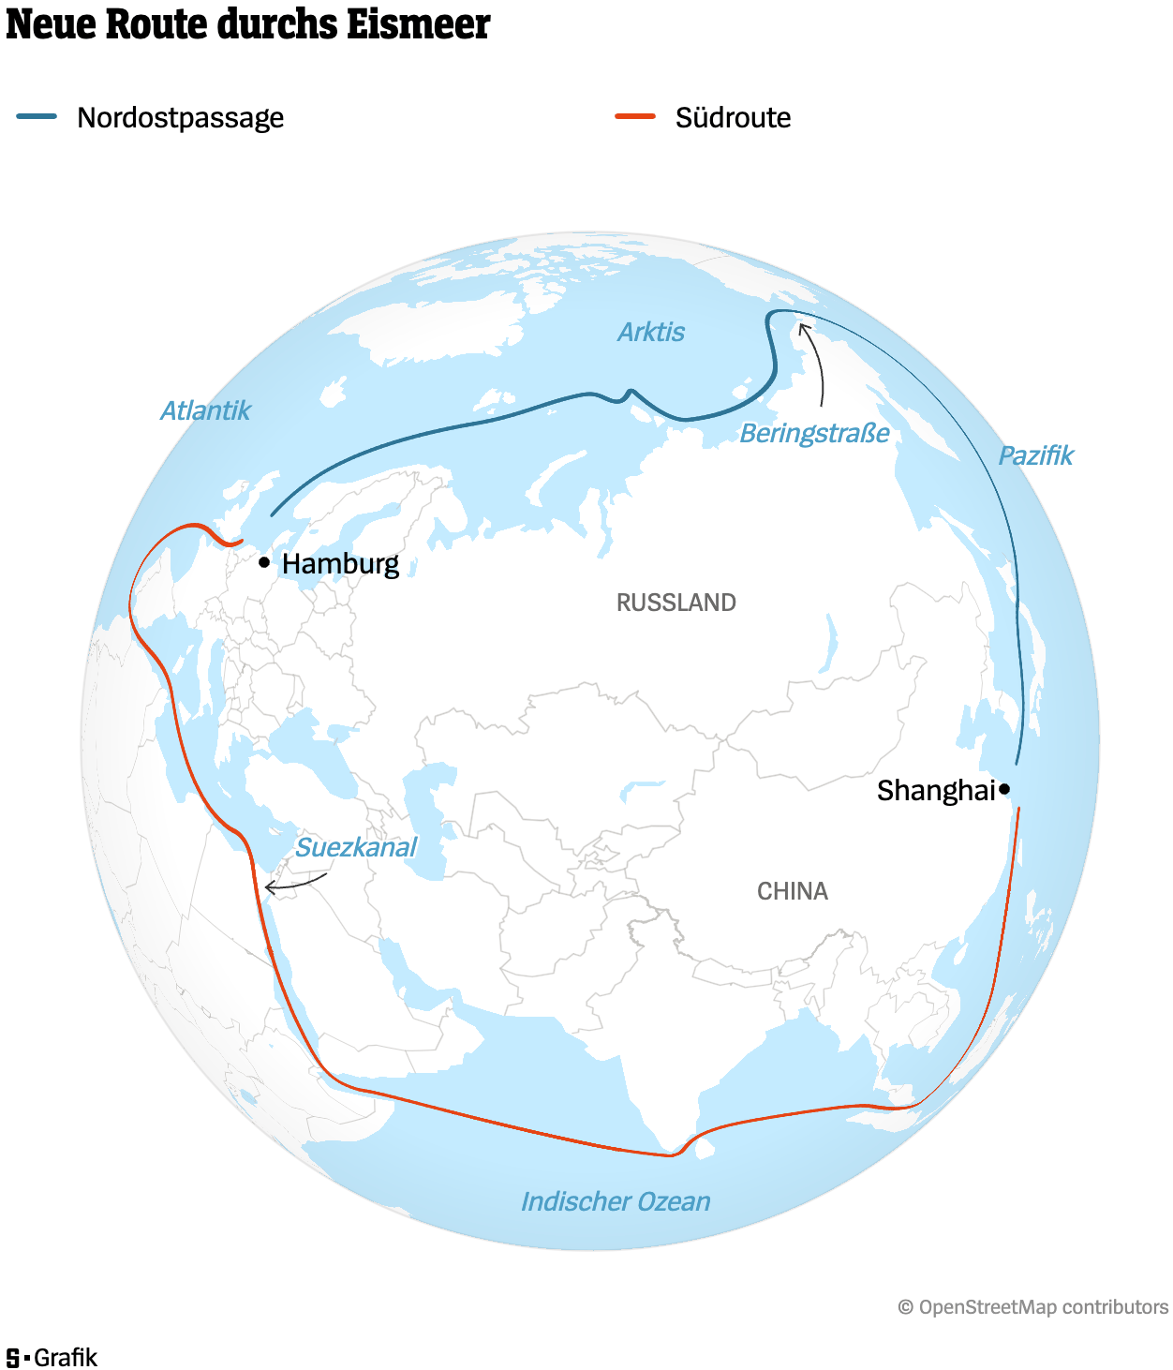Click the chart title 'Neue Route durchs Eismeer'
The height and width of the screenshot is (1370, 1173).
[x=247, y=24]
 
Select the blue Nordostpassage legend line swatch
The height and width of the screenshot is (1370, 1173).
[x=37, y=117]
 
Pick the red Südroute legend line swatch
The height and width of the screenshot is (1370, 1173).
[x=634, y=117]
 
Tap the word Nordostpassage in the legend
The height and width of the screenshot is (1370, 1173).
[x=180, y=118]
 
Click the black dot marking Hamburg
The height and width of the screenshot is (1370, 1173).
[x=264, y=562]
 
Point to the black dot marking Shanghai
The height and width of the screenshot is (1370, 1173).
[x=1004, y=789]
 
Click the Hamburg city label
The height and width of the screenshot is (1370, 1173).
[x=340, y=564]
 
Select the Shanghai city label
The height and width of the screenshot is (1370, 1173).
[x=935, y=791]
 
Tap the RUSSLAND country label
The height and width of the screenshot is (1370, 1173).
[x=676, y=603]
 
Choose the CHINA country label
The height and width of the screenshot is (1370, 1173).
[x=792, y=891]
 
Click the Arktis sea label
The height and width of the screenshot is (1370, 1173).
[x=651, y=332]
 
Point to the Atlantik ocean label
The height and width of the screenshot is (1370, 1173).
[x=205, y=410]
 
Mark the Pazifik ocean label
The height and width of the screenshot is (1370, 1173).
[x=1035, y=456]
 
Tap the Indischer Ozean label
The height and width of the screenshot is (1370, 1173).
[x=616, y=1201]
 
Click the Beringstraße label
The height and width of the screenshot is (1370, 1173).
[x=814, y=434]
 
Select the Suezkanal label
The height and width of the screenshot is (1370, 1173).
[x=356, y=847]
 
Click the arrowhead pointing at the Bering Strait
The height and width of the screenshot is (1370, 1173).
[x=803, y=327]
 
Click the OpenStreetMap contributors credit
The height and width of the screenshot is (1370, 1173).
[x=1032, y=1307]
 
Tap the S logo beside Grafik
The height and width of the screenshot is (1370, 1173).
[x=13, y=1358]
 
